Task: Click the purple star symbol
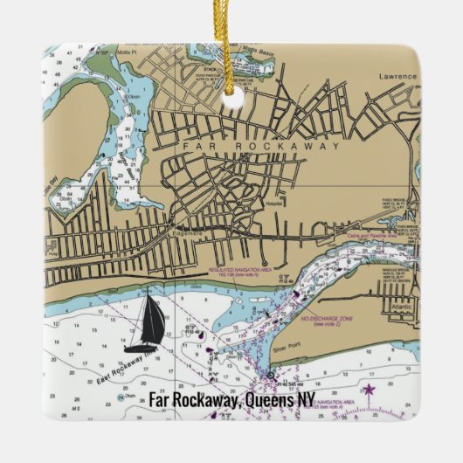368,389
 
